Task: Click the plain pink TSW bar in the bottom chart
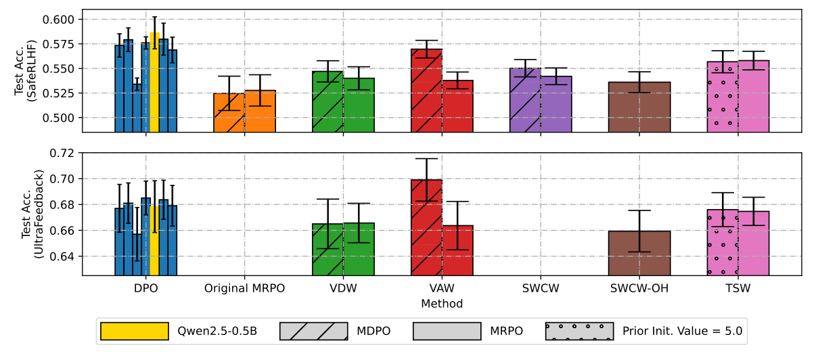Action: (753, 243)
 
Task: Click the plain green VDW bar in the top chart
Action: (359, 105)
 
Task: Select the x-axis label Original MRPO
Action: (244, 288)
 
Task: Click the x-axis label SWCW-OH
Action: (639, 288)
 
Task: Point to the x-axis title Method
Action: (442, 304)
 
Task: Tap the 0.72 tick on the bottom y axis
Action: (64, 153)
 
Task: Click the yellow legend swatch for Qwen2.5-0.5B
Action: (134, 332)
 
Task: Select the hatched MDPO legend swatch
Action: (313, 332)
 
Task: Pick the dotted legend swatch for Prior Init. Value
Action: (579, 332)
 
